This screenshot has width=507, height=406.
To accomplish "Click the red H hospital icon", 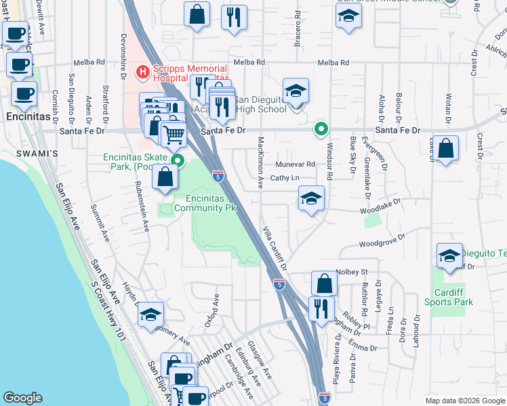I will [x=143, y=71].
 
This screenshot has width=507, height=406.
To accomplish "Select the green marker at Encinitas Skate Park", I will [x=178, y=160].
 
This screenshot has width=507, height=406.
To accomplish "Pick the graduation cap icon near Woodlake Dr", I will [x=311, y=198].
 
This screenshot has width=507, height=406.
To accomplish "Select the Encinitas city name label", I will [x=24, y=116].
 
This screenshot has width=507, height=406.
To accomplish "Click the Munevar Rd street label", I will [x=296, y=164].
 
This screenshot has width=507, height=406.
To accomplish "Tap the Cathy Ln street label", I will [x=285, y=178].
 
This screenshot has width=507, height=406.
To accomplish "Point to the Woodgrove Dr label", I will [x=382, y=241].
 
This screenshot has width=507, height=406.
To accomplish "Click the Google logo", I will [x=23, y=398].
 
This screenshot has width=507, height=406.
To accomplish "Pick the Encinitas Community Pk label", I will [x=205, y=203].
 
